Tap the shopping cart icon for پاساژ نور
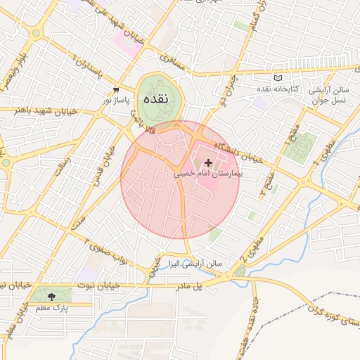116,90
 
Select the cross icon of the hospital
207,162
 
